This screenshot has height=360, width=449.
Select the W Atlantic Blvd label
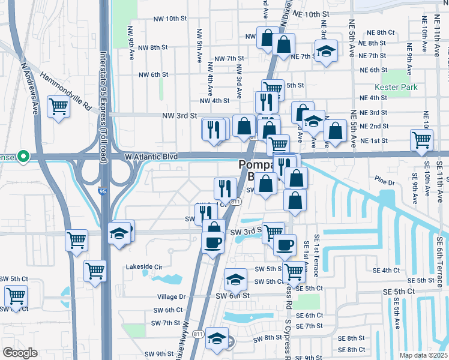151,157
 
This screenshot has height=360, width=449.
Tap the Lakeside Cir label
144,266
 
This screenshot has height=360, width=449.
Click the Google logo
20,353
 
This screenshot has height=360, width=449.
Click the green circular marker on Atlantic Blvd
23,157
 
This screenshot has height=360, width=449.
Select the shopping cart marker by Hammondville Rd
58,107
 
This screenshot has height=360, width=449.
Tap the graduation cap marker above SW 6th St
236,278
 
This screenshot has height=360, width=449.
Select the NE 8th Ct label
381,32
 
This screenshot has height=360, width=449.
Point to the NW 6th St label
153,75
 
